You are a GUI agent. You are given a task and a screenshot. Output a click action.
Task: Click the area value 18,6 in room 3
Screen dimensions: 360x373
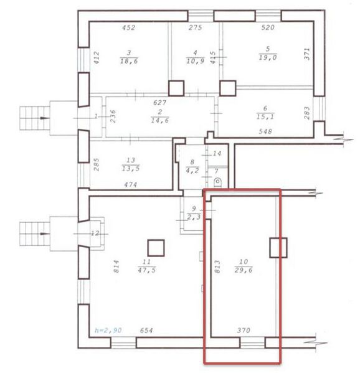[x=129, y=61]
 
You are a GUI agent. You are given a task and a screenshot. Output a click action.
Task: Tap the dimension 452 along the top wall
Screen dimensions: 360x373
[x=129, y=27]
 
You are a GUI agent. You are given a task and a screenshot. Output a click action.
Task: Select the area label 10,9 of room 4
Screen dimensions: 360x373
[x=196, y=61]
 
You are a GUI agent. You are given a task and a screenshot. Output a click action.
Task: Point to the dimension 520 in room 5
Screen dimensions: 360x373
[x=268, y=27]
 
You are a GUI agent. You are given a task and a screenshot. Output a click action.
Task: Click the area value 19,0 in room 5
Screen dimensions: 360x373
[x=268, y=57]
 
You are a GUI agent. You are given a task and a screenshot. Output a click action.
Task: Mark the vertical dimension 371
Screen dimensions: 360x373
[x=307, y=54]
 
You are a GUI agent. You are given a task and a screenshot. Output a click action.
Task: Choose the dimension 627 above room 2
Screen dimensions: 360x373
[x=159, y=103]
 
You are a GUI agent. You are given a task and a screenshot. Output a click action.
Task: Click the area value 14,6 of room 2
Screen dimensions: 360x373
[x=160, y=120]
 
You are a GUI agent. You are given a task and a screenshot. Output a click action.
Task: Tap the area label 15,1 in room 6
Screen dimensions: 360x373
[x=265, y=116]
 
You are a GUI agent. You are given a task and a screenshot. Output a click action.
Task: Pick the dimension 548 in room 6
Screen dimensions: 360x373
[x=265, y=131]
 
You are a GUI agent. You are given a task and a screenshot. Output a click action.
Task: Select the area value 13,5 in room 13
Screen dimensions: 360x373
[x=131, y=168]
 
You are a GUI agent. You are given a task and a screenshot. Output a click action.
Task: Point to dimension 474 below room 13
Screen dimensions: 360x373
[x=131, y=184]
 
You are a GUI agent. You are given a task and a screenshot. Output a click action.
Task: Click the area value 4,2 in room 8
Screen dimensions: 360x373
[x=192, y=171]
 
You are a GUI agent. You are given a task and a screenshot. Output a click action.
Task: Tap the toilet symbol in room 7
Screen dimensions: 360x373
[x=218, y=182]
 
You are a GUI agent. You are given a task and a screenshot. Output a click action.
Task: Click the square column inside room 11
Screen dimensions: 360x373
[x=156, y=248]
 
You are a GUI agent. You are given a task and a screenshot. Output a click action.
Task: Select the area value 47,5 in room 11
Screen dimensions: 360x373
[x=147, y=270]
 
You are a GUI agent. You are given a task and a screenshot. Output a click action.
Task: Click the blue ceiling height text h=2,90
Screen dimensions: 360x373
[x=108, y=330]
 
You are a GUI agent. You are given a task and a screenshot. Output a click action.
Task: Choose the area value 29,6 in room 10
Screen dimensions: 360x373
[x=244, y=270]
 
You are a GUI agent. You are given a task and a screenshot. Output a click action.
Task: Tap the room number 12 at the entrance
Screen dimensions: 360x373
[x=95, y=234]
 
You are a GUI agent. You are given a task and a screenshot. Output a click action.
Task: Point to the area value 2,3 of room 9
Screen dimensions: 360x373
[x=194, y=217]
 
